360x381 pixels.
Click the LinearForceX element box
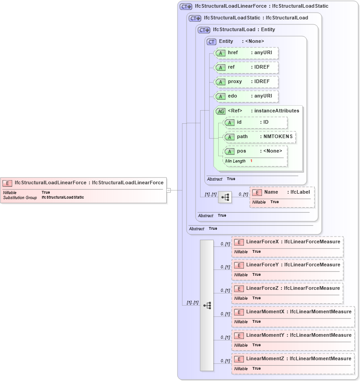pyautogui.click(x=287, y=246)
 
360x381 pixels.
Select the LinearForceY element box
pyautogui.click(x=287, y=269)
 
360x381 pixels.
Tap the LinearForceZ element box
pyautogui.click(x=287, y=293)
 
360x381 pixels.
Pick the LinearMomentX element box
pyautogui.click(x=293, y=316)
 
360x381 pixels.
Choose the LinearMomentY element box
pyautogui.click(x=293, y=340)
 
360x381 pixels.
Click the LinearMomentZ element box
pyautogui.click(x=293, y=363)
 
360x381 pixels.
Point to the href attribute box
pyautogui.click(x=246, y=53)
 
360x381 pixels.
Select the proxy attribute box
pyautogui.click(x=246, y=82)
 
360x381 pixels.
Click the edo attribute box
pyautogui.click(x=246, y=96)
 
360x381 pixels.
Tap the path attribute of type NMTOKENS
pyautogui.click(x=260, y=137)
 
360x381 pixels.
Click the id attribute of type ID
pyautogui.click(x=256, y=122)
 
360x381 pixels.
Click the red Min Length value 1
pyautogui.click(x=251, y=161)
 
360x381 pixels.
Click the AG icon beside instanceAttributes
pyautogui.click(x=221, y=111)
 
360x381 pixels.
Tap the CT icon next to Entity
pyautogui.click(x=211, y=42)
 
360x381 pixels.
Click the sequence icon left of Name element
pyautogui.click(x=224, y=197)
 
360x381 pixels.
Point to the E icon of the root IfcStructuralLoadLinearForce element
pyautogui.click(x=7, y=183)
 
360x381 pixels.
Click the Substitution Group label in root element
pyautogui.click(x=20, y=198)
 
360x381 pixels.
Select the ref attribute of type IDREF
pyautogui.click(x=246, y=67)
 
